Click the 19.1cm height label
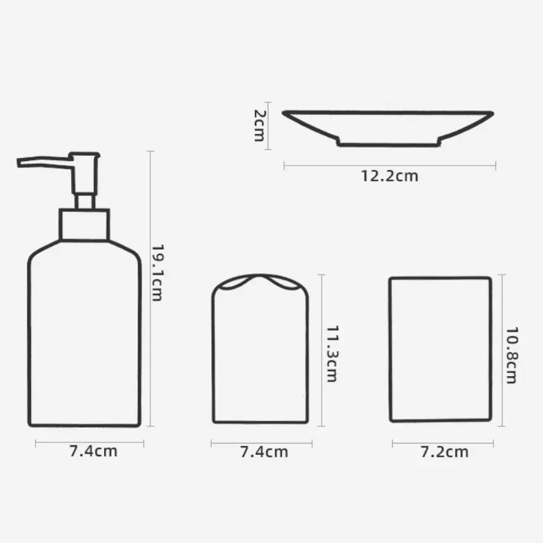(157, 273)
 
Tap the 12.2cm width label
(389, 176)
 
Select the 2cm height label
(259, 126)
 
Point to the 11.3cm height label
(332, 353)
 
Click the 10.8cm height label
(512, 355)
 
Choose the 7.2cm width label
(444, 452)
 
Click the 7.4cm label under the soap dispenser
(93, 451)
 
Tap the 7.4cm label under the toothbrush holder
(264, 452)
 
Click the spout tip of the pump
(18, 163)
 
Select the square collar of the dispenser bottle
(84, 225)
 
